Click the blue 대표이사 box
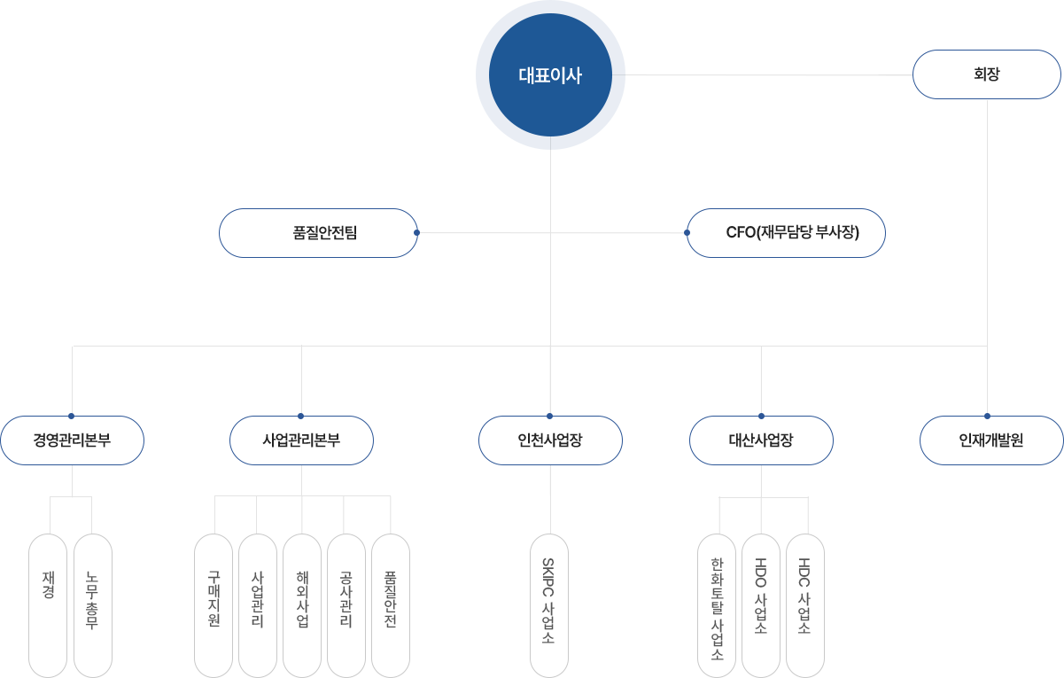[550, 75]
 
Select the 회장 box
[986, 74]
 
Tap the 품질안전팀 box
[318, 233]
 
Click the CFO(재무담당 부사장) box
[786, 233]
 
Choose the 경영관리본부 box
[72, 440]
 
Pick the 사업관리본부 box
[301, 440]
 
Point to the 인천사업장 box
[550, 440]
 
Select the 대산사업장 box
[761, 440]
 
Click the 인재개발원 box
[990, 440]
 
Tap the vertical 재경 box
[48, 604]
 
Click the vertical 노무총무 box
[92, 604]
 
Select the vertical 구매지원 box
[214, 604]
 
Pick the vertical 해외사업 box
[302, 604]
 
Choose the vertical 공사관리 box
[346, 604]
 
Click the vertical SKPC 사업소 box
[549, 604]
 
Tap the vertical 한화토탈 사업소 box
[717, 604]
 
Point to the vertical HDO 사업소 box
[760, 604]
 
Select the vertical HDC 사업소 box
[804, 604]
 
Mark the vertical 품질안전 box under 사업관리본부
[390, 604]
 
